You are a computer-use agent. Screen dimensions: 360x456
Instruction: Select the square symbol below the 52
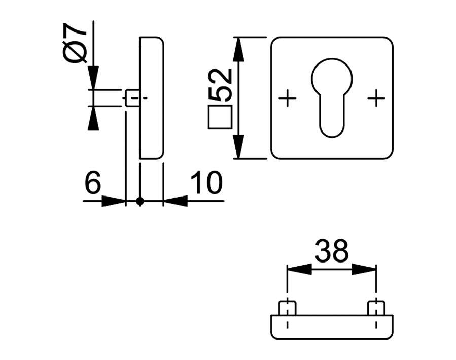[x=220, y=117]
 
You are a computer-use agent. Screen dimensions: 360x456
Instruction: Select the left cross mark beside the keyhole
[x=288, y=98]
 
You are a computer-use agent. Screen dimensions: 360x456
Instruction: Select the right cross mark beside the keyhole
[x=376, y=98]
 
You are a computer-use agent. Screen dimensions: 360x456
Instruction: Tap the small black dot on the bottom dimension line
[x=141, y=202]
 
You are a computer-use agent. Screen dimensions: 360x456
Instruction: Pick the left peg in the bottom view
[x=288, y=308]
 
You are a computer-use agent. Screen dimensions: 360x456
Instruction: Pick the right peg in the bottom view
[x=375, y=308]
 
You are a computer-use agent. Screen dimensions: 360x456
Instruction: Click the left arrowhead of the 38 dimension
[x=299, y=269]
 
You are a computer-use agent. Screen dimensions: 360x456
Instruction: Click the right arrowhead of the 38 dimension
[x=364, y=269]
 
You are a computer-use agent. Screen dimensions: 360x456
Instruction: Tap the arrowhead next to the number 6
[x=113, y=202]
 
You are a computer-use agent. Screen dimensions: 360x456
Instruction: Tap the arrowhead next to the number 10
[x=175, y=202]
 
